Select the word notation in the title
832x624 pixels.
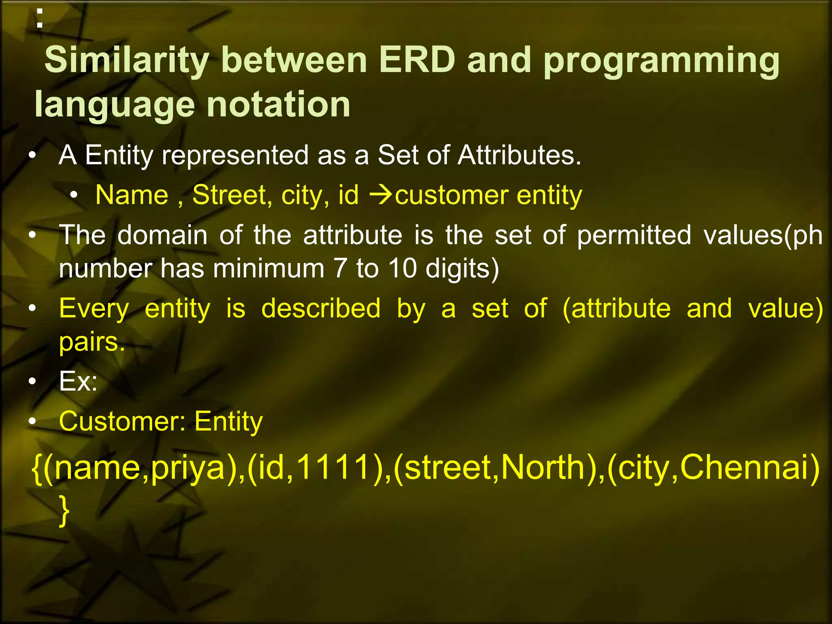pyautogui.click(x=278, y=104)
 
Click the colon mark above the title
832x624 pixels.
pyautogui.click(x=39, y=18)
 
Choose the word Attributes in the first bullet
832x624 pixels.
pyautogui.click(x=519, y=155)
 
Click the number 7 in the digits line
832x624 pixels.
pyautogui.click(x=342, y=268)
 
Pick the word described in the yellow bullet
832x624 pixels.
pyautogui.click(x=321, y=308)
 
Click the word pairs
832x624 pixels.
pyautogui.click(x=91, y=342)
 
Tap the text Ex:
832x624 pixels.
pyautogui.click(x=78, y=381)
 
